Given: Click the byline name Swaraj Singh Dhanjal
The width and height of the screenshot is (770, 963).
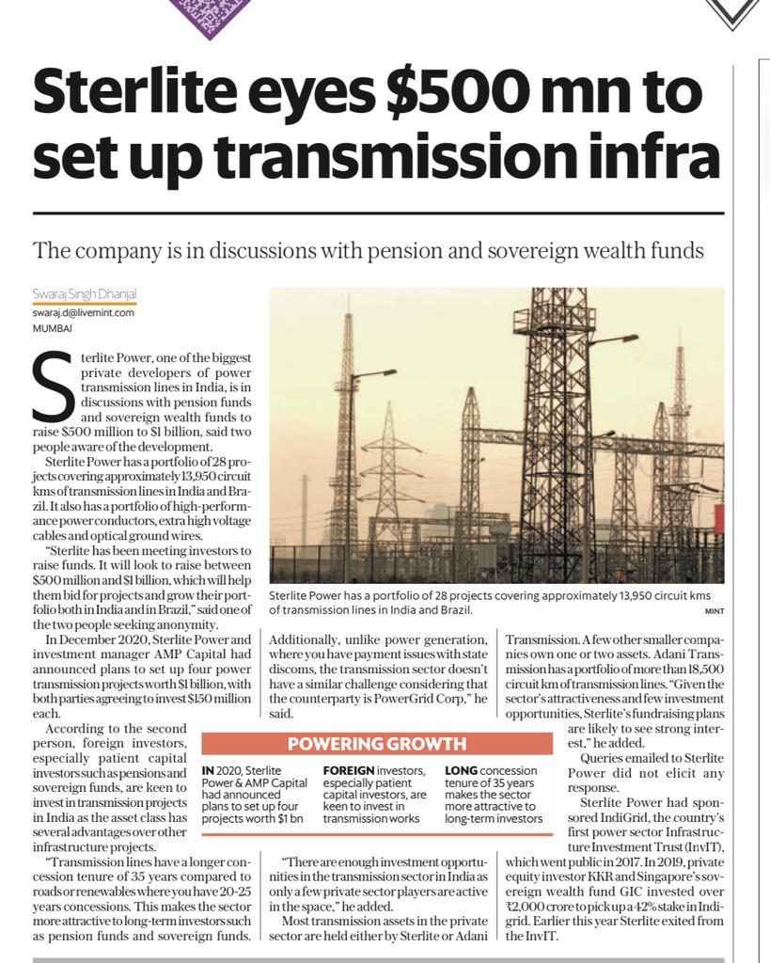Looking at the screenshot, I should click(x=85, y=295).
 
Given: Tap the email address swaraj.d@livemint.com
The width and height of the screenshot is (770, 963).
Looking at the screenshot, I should click(x=83, y=313).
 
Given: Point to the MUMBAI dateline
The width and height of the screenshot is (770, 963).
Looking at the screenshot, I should click(x=52, y=328).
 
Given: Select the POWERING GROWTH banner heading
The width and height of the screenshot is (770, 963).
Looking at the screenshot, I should click(x=376, y=744).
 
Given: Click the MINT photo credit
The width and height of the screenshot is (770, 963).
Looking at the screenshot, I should click(x=713, y=610).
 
